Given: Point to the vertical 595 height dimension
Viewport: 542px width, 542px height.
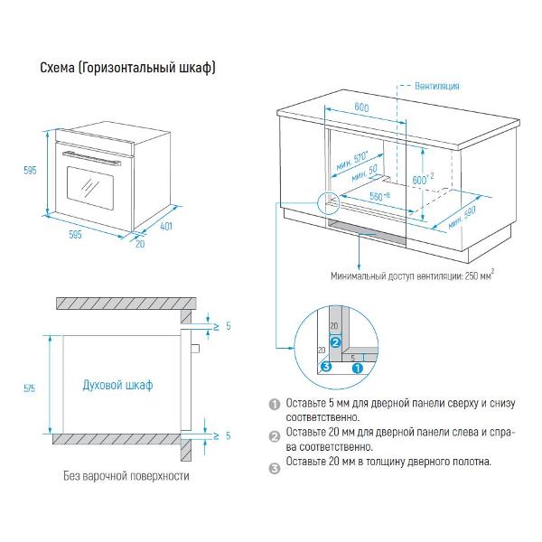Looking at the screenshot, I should pyautogui.click(x=30, y=172).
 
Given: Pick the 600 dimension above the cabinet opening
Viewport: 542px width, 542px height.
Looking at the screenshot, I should pyautogui.click(x=361, y=108).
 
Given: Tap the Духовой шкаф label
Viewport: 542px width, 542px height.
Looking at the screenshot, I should pyautogui.click(x=117, y=385).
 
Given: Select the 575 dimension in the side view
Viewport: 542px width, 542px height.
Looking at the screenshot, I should pyautogui.click(x=31, y=388).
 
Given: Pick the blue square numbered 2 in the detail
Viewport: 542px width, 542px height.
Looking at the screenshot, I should pyautogui.click(x=334, y=342).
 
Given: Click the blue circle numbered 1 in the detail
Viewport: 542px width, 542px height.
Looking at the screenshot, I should pyautogui.click(x=357, y=368).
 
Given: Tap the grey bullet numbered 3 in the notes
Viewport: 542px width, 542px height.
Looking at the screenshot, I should pyautogui.click(x=275, y=463).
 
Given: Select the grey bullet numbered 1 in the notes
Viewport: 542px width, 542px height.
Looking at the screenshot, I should pyautogui.click(x=275, y=405).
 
